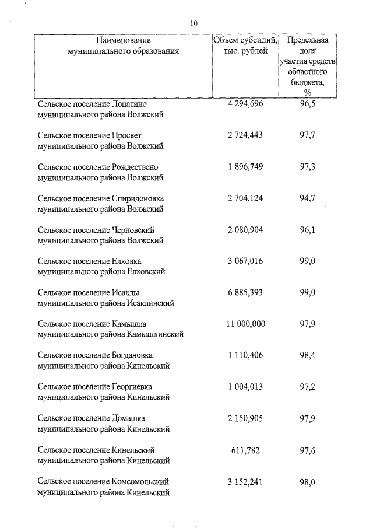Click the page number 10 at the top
click(194, 23)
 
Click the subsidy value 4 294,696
click(245, 104)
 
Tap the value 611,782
click(245, 450)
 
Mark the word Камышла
click(131, 324)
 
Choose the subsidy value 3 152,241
click(245, 481)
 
